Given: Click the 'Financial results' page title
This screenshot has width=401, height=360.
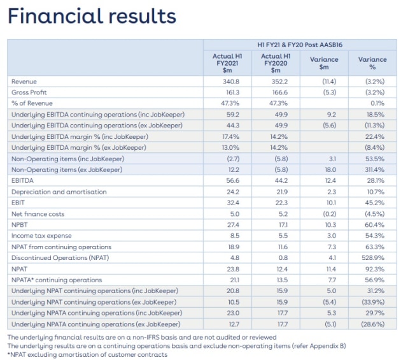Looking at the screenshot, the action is tap(92, 16).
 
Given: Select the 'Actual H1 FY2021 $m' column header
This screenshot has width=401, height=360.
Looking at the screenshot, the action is tap(227, 63).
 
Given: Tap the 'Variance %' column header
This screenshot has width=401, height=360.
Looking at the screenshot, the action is tap(372, 63).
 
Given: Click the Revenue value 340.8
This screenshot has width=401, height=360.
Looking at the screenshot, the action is tap(231, 82).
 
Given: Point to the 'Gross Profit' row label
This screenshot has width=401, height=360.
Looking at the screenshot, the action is tap(29, 92).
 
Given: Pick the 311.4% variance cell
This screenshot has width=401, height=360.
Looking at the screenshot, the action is tap(375, 169).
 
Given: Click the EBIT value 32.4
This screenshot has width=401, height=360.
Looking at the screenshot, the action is tap(233, 203).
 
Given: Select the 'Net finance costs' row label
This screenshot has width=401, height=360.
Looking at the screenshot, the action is tap(38, 214).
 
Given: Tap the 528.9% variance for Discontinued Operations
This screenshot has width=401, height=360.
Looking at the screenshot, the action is tap(373, 257).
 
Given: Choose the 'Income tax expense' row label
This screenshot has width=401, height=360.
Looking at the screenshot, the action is tap(41, 236).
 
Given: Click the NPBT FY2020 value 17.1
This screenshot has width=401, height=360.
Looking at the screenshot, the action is tap(283, 224).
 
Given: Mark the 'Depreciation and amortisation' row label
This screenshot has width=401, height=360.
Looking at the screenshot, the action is tap(59, 192).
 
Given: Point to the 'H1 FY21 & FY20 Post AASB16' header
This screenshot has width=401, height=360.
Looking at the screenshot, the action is tap(300, 45).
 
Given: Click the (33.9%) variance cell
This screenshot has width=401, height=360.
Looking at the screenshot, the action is tap(373, 302).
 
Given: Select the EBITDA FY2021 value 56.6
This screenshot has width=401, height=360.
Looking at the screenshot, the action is tap(233, 180).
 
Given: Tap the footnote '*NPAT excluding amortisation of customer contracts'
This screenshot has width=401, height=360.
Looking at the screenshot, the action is tap(87, 355).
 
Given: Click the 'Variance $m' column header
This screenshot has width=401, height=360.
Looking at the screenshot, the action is tap(324, 63).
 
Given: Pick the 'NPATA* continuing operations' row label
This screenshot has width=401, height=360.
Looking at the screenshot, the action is tap(57, 280).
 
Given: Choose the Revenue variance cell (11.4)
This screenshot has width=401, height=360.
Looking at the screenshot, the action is tap(329, 82).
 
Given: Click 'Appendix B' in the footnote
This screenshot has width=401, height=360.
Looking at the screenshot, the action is tap(327, 346).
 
